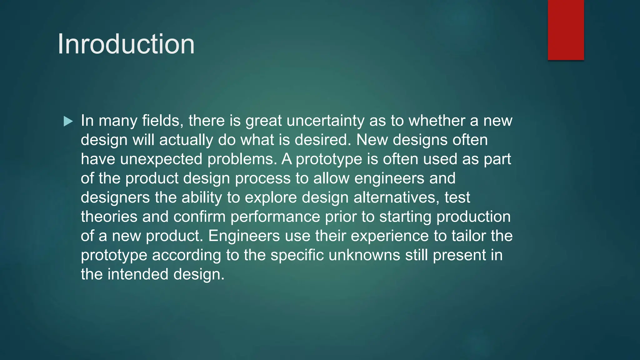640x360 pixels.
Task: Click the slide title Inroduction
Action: (126, 44)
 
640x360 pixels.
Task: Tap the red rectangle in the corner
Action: (566, 30)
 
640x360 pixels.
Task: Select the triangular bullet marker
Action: (68, 121)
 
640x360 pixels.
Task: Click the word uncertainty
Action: (325, 121)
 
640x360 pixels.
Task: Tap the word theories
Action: (109, 217)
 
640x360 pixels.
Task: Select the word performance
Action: (275, 217)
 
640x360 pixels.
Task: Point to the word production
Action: (473, 217)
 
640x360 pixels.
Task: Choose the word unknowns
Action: (364, 255)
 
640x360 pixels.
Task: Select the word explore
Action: (271, 197)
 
